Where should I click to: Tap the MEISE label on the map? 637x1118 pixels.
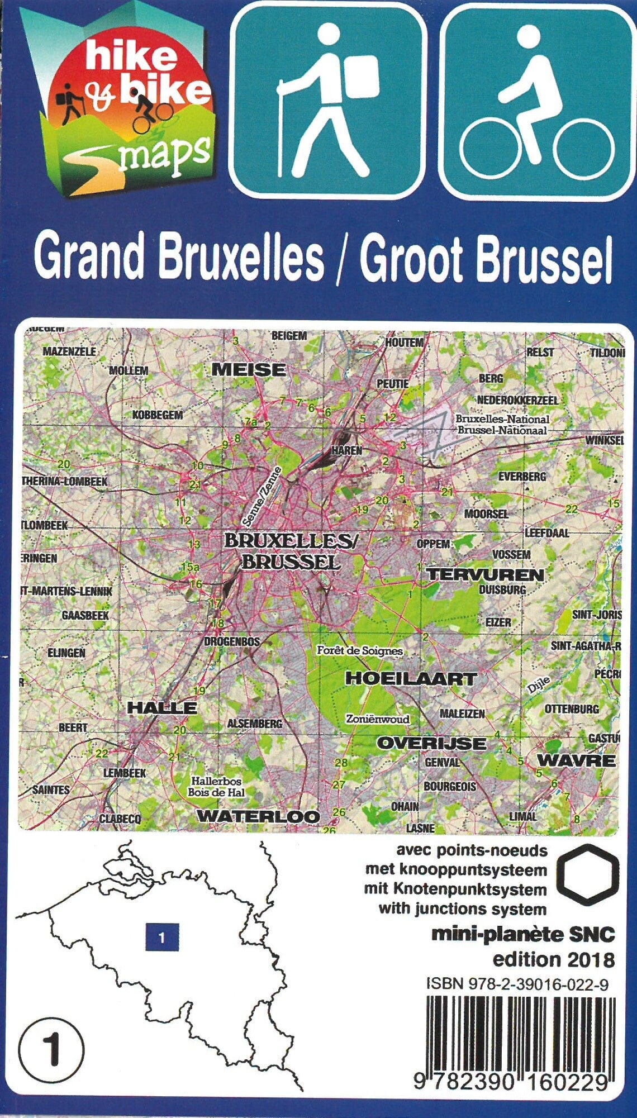tap(249, 370)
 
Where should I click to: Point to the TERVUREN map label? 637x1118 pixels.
tap(485, 574)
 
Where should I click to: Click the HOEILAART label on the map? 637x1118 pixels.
tap(411, 678)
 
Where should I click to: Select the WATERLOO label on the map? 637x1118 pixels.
tap(258, 816)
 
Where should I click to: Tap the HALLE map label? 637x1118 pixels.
tap(162, 707)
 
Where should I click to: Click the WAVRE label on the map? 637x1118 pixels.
tap(576, 760)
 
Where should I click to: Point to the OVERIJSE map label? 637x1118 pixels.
tap(431, 743)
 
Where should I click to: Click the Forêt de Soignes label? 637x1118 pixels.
tap(360, 651)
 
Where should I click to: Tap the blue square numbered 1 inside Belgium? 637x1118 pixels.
tap(162, 937)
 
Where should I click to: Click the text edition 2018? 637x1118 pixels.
tap(553, 959)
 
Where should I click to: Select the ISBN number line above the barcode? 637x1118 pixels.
tap(517, 983)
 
